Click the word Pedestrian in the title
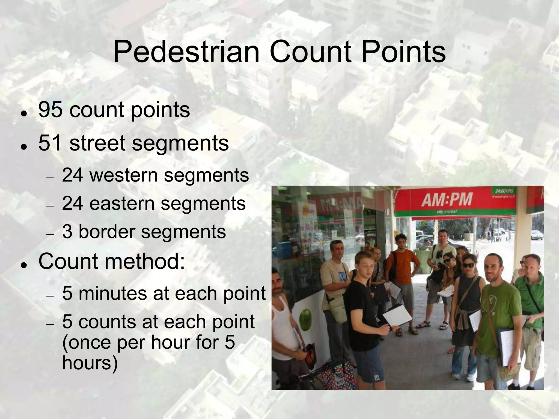coord(186,52)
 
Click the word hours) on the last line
coord(90,363)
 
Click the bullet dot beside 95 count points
coord(24,113)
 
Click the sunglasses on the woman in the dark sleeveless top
coord(468,265)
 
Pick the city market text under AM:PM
coord(447,212)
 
